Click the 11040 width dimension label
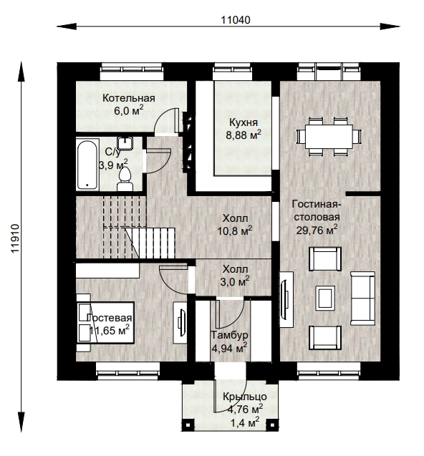click(x=235, y=20)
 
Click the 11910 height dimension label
click(x=15, y=238)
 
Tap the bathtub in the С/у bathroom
click(x=87, y=165)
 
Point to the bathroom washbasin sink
click(x=125, y=143)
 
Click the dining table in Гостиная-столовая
click(x=329, y=137)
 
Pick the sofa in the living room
click(x=362, y=299)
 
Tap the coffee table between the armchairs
click(x=325, y=298)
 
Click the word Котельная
click(x=129, y=98)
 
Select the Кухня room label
click(x=244, y=122)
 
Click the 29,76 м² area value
click(x=317, y=230)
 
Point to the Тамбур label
click(x=230, y=335)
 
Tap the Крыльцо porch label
click(x=245, y=397)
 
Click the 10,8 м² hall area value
click(x=235, y=231)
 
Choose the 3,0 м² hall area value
click(x=235, y=282)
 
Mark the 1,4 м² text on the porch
click(x=245, y=422)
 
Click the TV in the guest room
click(x=182, y=322)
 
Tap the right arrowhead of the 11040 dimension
click(x=390, y=26)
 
